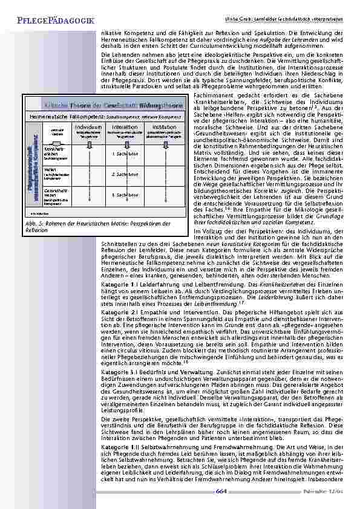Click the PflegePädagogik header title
point(49,22)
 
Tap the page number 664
point(221,491)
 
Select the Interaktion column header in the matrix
point(125,128)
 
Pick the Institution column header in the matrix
point(164,128)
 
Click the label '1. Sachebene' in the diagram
point(126,154)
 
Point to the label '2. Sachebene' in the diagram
point(126,174)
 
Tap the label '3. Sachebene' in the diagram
point(126,195)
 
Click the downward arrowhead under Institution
point(164,146)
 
